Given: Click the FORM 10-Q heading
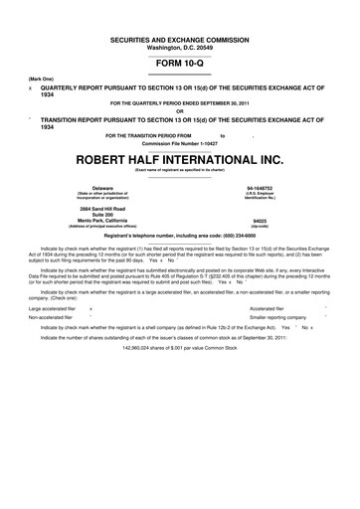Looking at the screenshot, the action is tap(179, 63).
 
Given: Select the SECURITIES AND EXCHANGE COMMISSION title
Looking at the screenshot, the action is tap(179, 37).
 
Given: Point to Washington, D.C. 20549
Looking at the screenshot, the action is tap(179, 46).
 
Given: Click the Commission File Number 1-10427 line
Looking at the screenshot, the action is tap(179, 142).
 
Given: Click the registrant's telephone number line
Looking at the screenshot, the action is tap(179, 234).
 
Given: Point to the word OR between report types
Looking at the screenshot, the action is tap(179, 110).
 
